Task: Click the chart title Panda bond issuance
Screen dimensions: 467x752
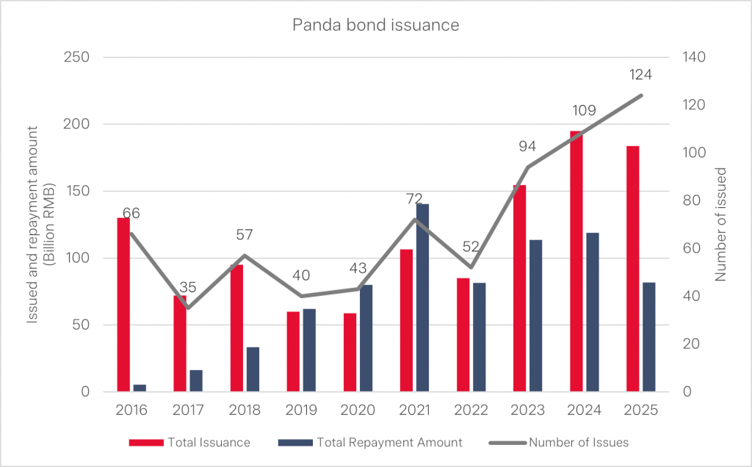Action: click(375, 25)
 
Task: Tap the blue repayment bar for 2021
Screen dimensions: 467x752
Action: click(422, 297)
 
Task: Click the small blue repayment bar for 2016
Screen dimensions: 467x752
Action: click(140, 388)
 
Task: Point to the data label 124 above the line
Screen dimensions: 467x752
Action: click(640, 75)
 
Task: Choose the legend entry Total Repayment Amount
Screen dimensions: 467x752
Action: click(389, 442)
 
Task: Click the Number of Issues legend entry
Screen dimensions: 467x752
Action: click(578, 442)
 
